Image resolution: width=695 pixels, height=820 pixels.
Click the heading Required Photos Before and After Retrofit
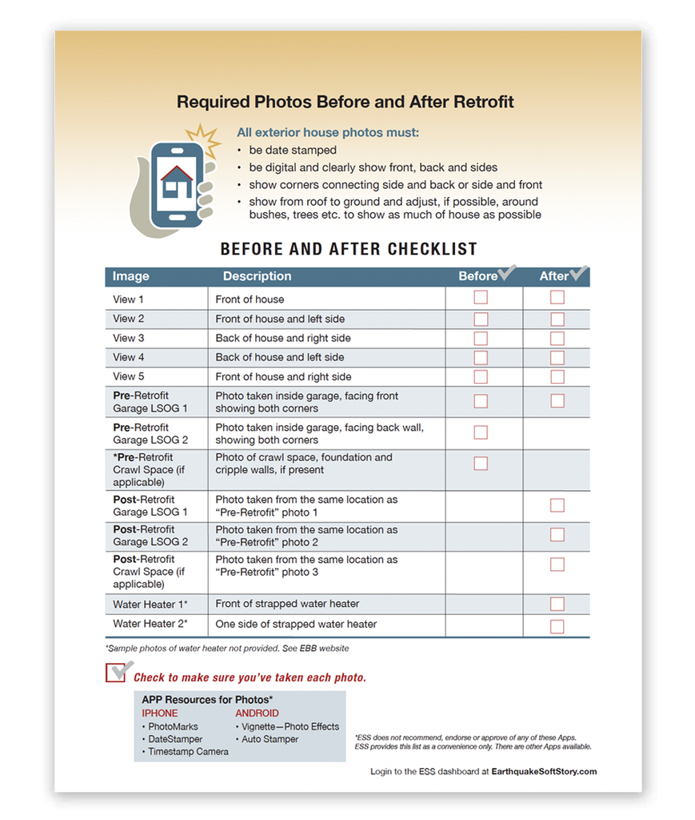point(345,102)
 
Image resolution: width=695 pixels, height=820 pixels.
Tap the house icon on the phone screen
point(177,183)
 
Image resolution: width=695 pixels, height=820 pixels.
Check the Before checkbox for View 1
point(481,298)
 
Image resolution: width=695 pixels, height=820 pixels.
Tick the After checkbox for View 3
point(557,338)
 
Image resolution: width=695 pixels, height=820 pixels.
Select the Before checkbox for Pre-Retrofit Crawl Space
point(481,464)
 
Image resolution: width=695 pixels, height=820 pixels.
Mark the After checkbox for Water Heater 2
point(557,626)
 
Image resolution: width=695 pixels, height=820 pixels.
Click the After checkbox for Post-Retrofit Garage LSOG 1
point(557,505)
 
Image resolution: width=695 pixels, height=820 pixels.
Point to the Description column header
point(257,276)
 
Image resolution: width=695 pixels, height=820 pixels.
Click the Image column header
point(131,276)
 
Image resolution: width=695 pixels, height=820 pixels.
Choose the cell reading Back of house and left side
point(280,357)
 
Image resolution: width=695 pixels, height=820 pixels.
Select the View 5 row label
point(129,376)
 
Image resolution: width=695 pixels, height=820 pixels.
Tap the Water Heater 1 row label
point(150,605)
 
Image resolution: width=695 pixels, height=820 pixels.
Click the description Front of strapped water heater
point(287,604)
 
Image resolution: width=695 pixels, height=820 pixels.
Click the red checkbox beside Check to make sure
point(115,673)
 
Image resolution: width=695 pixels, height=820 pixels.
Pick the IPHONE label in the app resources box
point(160,713)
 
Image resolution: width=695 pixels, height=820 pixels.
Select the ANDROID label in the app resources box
point(257,713)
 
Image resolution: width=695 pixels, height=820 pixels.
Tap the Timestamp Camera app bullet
point(188,752)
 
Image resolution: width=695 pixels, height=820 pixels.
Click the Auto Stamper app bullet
point(270,739)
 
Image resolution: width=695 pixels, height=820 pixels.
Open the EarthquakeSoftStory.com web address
point(544,772)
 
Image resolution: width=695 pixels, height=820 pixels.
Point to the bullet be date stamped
point(293,151)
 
